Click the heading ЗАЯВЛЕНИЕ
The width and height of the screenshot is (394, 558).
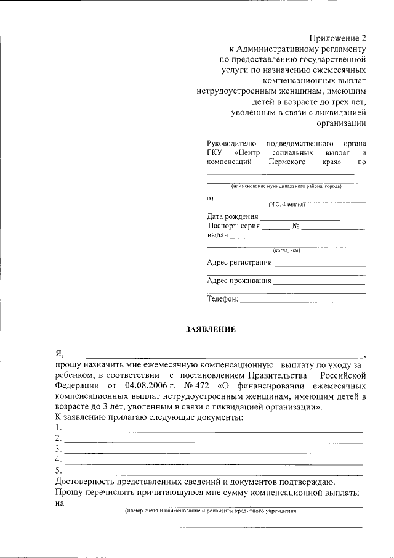211,330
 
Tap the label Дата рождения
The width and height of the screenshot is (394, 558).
233,216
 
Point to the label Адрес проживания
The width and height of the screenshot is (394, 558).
239,281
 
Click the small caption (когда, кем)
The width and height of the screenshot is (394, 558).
286,250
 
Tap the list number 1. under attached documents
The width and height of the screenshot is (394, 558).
58,428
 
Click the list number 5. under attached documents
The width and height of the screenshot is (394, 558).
58,471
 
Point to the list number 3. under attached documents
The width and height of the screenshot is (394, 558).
58,449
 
